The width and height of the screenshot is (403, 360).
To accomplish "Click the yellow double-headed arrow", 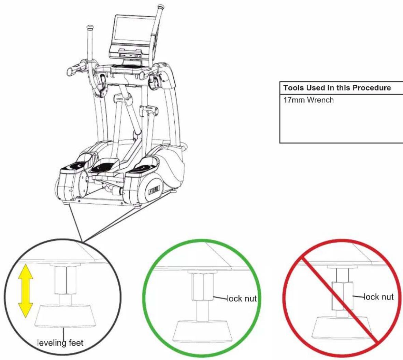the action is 26,291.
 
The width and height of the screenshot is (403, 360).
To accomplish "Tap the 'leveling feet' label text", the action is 60,343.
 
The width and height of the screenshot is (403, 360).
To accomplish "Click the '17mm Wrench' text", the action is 308,100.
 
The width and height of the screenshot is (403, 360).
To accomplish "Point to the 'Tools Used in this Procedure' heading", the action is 337,88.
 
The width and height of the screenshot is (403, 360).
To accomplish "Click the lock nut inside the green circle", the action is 203,287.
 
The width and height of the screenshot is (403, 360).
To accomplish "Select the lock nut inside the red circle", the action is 342,296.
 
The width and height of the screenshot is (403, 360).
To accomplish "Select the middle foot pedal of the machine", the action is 104,166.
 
